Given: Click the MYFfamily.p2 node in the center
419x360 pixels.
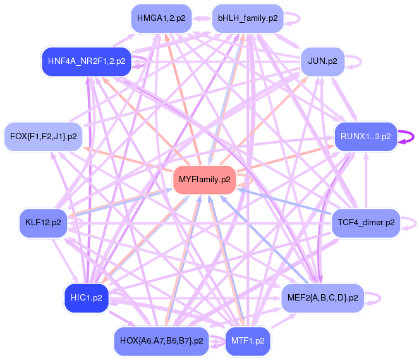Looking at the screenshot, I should (205, 180).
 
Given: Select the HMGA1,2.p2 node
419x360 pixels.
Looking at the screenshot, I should (161, 18).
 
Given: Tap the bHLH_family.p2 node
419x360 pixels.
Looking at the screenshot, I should (248, 18).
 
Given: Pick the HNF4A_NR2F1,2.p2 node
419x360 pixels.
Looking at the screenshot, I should (86, 61).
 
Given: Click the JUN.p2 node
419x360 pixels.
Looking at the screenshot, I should (322, 62).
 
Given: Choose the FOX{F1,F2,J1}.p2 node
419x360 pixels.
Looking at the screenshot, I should (44, 136).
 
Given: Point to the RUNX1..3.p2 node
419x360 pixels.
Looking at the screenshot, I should (365, 136).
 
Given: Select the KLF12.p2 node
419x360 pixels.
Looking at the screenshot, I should (43, 223).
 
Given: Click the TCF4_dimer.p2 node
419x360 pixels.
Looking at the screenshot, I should (366, 223).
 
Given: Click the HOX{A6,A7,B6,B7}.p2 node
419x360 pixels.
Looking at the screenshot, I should (161, 341).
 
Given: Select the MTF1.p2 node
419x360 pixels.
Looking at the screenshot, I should (248, 341).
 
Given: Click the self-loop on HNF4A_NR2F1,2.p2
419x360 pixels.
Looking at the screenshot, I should (145, 61).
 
